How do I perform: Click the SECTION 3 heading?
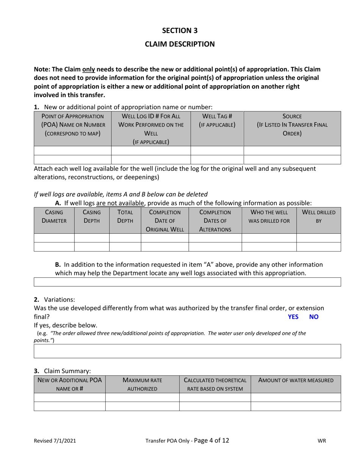(180, 30)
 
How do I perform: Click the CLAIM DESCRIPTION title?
(180, 44)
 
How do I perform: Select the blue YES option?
(293, 317)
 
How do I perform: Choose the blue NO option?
(314, 317)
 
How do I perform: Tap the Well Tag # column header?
(217, 120)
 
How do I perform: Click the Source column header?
(292, 125)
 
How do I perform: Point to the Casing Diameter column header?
(54, 216)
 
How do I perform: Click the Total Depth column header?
(125, 216)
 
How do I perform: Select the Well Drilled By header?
(318, 216)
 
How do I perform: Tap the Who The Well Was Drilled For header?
(269, 216)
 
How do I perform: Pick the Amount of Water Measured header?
(296, 380)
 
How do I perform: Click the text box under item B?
(187, 282)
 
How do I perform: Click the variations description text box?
(187, 351)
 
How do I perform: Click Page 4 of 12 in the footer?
(211, 440)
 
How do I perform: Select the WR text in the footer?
(322, 441)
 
